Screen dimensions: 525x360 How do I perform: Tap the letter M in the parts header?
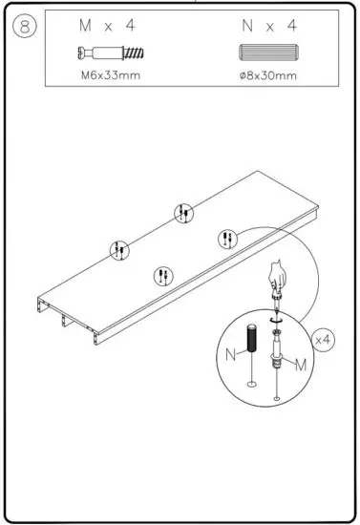click(x=83, y=25)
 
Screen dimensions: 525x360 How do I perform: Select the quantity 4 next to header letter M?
click(x=130, y=25)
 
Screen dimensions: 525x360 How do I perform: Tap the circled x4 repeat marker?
click(x=324, y=340)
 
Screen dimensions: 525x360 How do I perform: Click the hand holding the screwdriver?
click(x=277, y=276)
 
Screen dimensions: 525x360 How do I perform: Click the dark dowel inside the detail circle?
click(x=252, y=339)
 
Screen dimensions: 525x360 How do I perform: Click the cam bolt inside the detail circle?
click(x=277, y=358)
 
